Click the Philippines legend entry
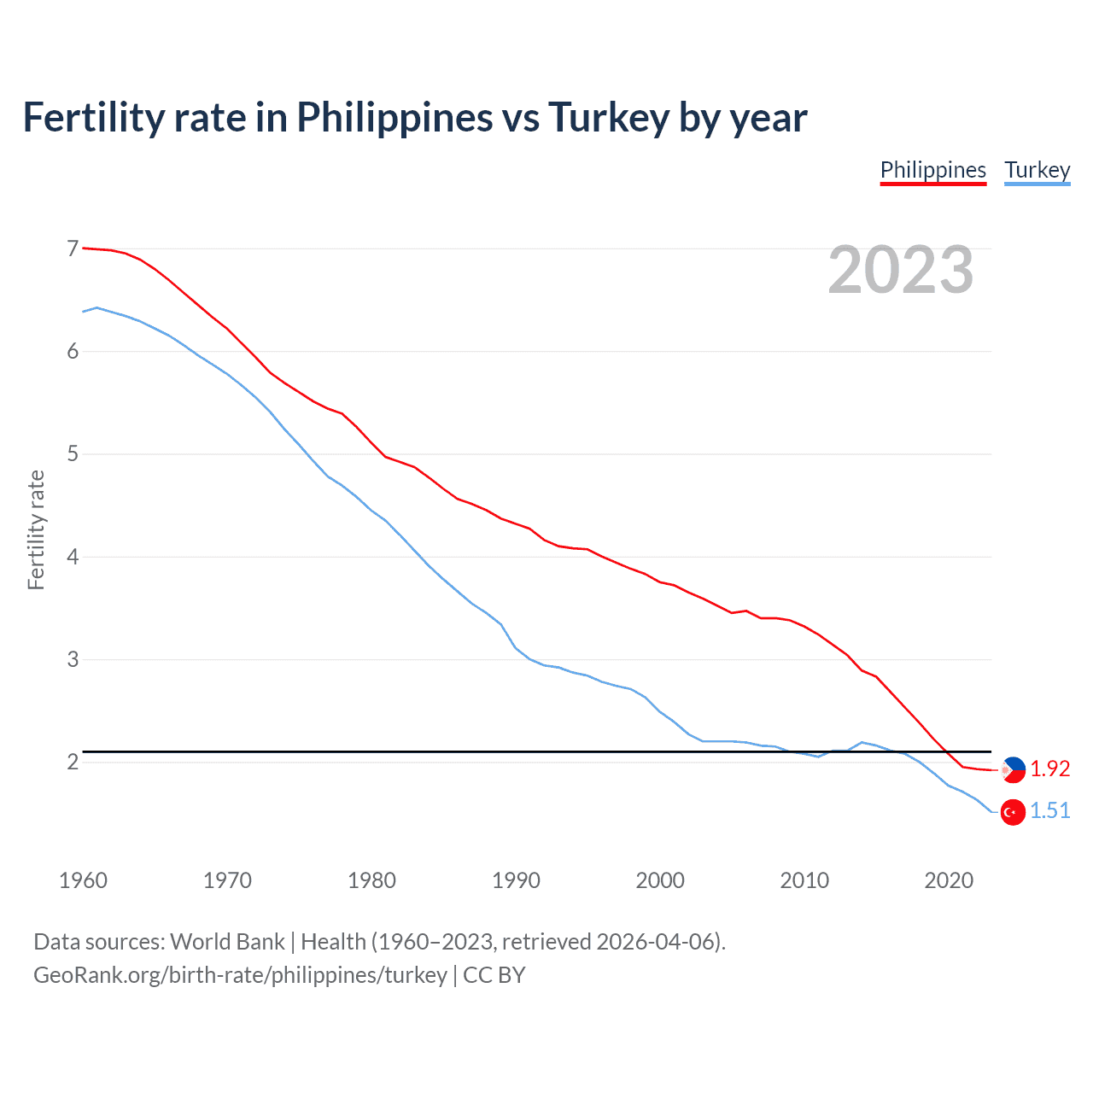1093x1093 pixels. pos(932,170)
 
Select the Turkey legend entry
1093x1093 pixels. pos(1037,170)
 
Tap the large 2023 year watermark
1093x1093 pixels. pos(900,270)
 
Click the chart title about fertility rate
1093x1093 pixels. pos(415,117)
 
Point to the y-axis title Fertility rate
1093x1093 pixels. pos(36,529)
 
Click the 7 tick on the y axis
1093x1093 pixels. pos(73,248)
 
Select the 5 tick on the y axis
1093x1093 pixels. pos(73,454)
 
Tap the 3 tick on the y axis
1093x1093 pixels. pos(73,659)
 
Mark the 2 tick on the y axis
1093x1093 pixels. pos(73,762)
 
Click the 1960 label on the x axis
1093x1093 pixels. pos(83,880)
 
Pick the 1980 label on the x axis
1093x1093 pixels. pos(371,880)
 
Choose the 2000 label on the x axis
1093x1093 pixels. pos(660,880)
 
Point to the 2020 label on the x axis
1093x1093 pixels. pos(949,880)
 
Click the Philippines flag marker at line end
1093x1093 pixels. pos(1013,769)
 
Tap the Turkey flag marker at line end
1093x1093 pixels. pos(1013,812)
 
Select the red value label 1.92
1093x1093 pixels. pos(1049,769)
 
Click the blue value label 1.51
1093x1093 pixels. pos(1049,810)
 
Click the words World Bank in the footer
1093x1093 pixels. pos(227,942)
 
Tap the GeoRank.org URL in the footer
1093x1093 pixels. pos(240,975)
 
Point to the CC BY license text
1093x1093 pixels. pos(494,975)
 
